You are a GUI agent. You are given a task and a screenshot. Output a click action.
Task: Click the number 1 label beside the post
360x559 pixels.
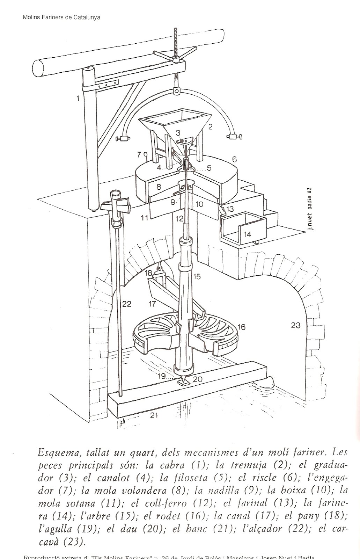tap(78, 99)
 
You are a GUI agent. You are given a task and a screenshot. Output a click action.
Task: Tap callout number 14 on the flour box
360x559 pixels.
tap(248, 234)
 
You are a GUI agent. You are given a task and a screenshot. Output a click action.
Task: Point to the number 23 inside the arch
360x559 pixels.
tap(295, 325)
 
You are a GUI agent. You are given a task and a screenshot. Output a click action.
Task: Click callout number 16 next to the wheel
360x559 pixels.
tap(241, 327)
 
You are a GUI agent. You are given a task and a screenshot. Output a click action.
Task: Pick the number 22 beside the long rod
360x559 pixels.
tap(126, 304)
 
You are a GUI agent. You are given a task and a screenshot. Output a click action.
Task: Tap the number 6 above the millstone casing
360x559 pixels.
tap(234, 160)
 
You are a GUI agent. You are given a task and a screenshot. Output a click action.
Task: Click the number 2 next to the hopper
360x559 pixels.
tap(210, 127)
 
